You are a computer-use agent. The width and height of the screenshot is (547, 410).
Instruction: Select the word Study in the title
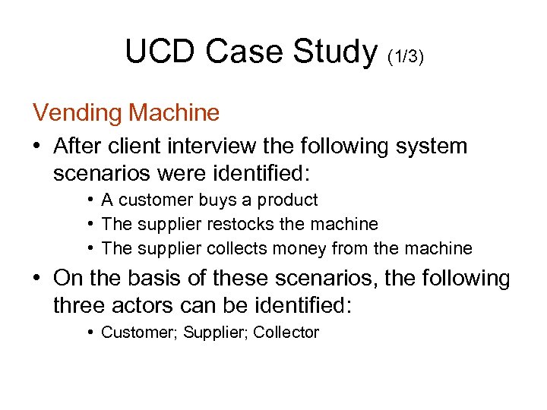[x=334, y=52]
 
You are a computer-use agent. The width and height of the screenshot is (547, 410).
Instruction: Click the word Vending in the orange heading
[x=77, y=113]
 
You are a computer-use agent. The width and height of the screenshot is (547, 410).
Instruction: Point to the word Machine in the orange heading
[x=175, y=113]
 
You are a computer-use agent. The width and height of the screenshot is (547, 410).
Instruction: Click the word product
[x=288, y=200]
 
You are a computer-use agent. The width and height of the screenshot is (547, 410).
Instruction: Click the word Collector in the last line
[x=286, y=333]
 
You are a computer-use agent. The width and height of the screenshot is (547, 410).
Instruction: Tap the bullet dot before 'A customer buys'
[x=90, y=200]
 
